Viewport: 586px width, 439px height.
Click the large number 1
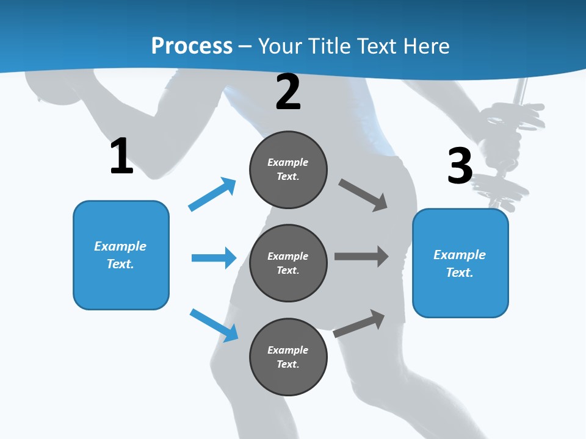point(121,156)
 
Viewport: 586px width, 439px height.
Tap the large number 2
point(288,92)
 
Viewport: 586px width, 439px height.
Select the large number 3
point(460,165)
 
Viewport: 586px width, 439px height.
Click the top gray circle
point(288,170)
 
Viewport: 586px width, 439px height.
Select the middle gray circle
point(288,263)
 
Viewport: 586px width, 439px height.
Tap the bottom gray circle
point(288,357)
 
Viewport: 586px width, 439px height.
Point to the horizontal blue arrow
point(214,258)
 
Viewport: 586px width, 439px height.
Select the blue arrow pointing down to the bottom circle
point(214,325)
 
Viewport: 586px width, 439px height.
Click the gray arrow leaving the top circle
point(364,195)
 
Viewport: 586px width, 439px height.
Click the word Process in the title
point(192,46)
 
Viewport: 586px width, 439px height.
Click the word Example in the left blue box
point(120,246)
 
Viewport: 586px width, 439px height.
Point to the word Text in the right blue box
point(458,273)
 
